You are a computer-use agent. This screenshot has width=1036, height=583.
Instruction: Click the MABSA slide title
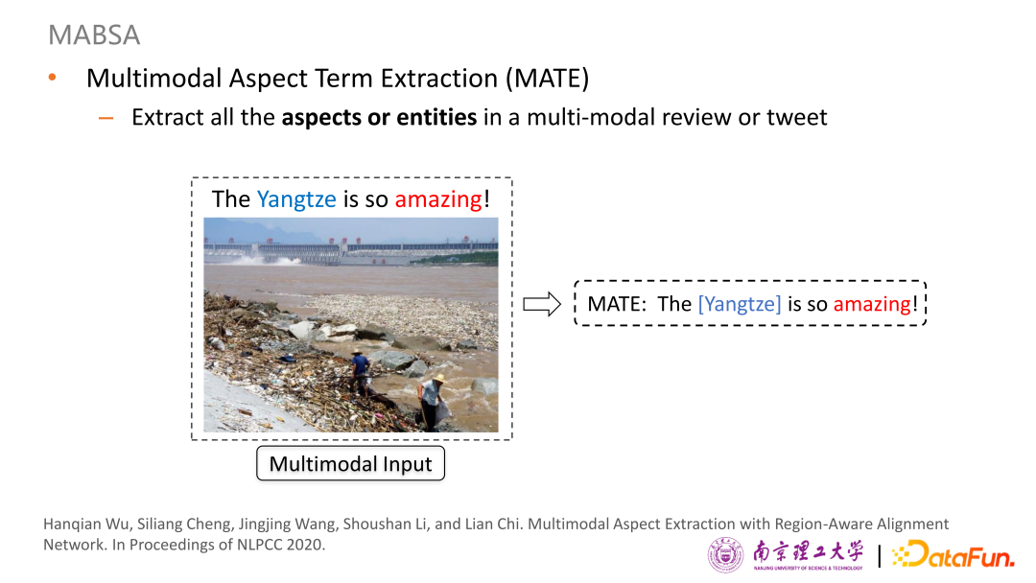click(x=94, y=35)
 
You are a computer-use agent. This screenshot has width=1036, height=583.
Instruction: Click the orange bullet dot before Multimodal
click(x=52, y=78)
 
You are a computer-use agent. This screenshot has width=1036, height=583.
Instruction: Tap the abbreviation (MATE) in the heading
click(x=547, y=79)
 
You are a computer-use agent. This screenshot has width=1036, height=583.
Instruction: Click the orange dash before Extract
click(x=106, y=119)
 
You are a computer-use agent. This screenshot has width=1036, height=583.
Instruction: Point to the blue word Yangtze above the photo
click(x=296, y=199)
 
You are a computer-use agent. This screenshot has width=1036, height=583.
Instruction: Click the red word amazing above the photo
click(x=438, y=199)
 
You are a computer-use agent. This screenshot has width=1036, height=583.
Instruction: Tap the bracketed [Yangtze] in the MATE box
click(x=740, y=304)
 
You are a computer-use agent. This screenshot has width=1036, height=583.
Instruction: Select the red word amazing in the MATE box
click(x=872, y=304)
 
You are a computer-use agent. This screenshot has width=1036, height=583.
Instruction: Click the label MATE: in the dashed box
click(x=617, y=304)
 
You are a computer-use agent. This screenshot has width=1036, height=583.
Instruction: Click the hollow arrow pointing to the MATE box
click(x=542, y=304)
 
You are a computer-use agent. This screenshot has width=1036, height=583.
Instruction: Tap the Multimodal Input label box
click(x=351, y=463)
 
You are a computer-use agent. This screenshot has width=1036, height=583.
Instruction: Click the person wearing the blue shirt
click(x=360, y=374)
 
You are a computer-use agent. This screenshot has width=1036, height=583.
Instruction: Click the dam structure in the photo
click(x=350, y=251)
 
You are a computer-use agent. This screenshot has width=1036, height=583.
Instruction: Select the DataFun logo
click(x=954, y=554)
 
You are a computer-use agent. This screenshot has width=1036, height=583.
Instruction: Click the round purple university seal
click(x=725, y=554)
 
